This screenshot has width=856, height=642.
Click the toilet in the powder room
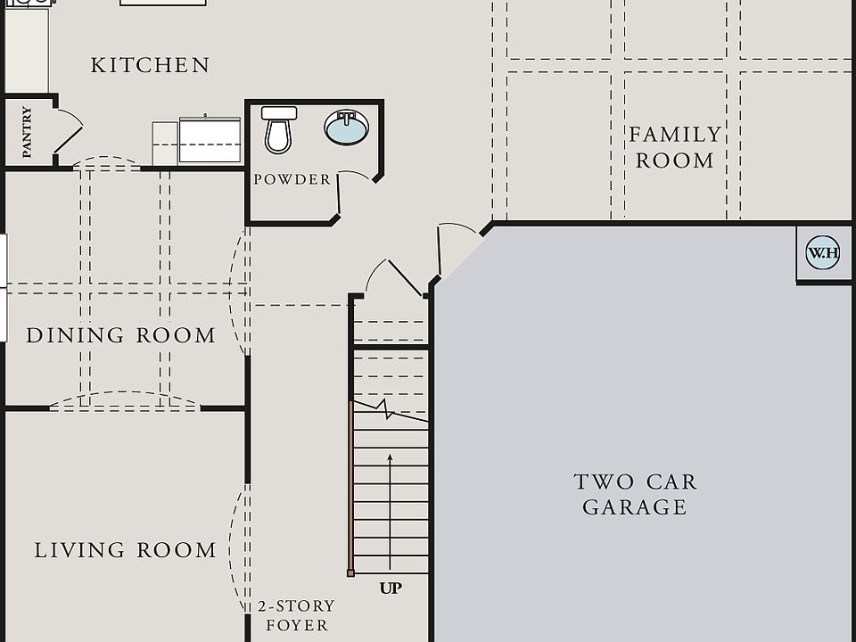279,129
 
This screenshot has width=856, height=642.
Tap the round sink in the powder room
345,128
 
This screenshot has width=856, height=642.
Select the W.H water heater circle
822,253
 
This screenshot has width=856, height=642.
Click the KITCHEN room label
151,65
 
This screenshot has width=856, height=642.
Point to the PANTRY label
27,133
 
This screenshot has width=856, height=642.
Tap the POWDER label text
292,179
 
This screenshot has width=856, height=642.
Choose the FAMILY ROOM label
675,147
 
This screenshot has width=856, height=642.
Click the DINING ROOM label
121,336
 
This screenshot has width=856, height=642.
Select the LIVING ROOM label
126,550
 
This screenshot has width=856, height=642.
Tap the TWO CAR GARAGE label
635,494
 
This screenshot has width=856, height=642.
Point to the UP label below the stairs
391,588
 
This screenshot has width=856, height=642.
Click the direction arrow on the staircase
391,499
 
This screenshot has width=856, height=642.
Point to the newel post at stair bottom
351,572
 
